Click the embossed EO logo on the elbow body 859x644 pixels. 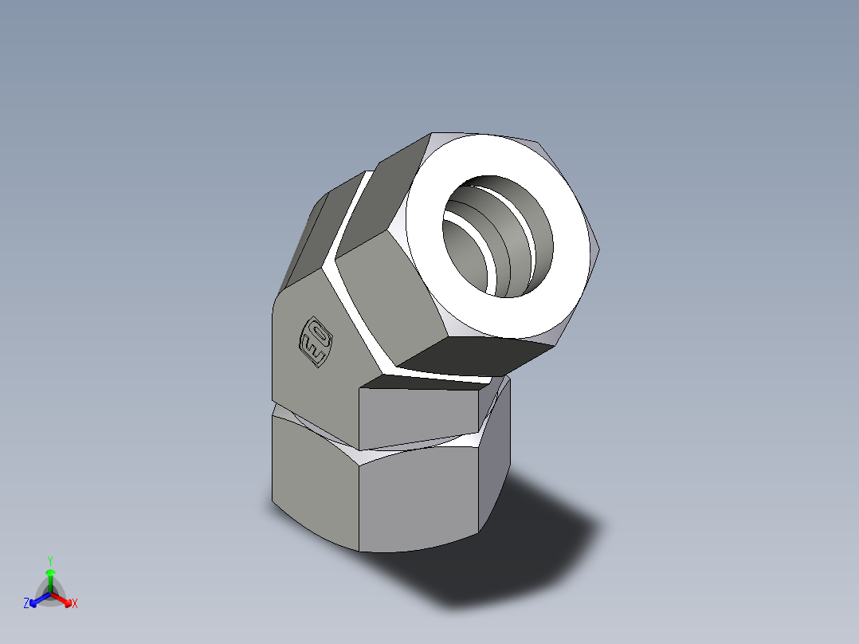pos(314,344)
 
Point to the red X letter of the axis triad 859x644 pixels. pos(75,604)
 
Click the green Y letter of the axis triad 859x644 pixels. pos(49,560)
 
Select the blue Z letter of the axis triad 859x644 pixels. pos(26,604)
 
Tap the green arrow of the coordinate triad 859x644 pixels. pos(50,577)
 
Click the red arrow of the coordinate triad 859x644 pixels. pos(64,599)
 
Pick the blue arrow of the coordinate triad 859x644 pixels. pos(37,599)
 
